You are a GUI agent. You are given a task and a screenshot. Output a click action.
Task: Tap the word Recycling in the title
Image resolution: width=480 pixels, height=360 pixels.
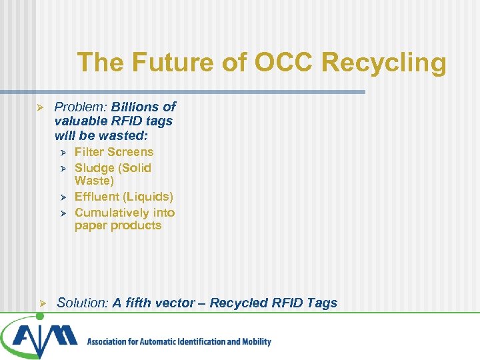[x=383, y=63]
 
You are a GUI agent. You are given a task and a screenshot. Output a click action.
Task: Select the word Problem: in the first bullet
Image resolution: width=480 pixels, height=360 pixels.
[x=81, y=107]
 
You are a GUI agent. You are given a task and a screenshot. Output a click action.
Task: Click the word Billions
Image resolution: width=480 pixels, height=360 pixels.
[x=137, y=107]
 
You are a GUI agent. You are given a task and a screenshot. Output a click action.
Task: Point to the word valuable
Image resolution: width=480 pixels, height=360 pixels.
[x=80, y=121]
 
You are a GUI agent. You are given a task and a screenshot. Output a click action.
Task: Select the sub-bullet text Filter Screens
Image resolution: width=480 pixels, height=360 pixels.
[x=114, y=152]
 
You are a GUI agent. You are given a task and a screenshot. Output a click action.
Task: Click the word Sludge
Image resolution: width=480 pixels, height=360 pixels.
[x=94, y=168]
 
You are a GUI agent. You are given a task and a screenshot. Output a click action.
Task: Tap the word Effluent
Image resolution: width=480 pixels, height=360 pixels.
[x=98, y=197]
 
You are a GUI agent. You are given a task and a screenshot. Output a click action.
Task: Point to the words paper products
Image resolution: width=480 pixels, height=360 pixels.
[x=118, y=225]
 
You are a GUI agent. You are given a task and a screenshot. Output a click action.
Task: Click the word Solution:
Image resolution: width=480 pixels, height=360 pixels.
[x=83, y=303]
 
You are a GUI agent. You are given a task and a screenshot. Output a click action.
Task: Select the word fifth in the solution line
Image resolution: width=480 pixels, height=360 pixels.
[x=137, y=303]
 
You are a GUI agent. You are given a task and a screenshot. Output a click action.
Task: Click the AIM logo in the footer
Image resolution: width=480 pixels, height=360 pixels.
[x=40, y=337]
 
